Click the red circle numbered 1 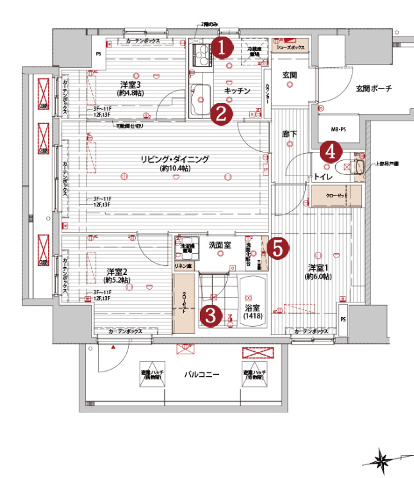pyautogui.click(x=221, y=48)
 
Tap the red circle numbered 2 pyautogui.click(x=220, y=115)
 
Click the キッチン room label pyautogui.click(x=236, y=92)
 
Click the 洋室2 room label pyautogui.click(x=115, y=272)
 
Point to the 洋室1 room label pyautogui.click(x=319, y=268)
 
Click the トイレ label pyautogui.click(x=323, y=175)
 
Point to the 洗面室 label pyautogui.click(x=219, y=245)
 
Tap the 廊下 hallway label pyautogui.click(x=290, y=134)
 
